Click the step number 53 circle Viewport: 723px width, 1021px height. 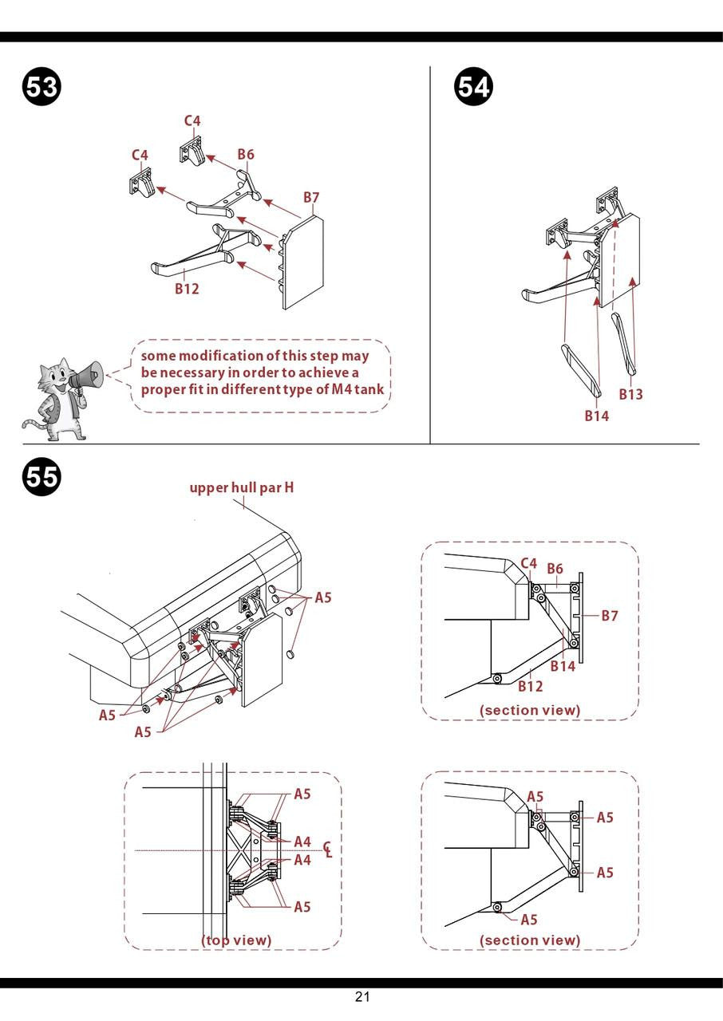(x=41, y=86)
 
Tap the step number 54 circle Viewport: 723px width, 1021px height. (x=473, y=86)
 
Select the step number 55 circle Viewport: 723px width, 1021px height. (x=41, y=476)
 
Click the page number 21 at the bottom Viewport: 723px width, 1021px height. (x=362, y=996)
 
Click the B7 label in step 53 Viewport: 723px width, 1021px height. (x=311, y=197)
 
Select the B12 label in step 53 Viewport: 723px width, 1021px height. (x=187, y=289)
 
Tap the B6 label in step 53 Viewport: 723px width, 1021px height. (x=245, y=155)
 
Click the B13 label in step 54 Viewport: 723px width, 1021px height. (x=630, y=394)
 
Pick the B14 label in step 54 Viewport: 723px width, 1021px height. (x=596, y=416)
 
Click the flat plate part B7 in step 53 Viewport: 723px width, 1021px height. (x=303, y=263)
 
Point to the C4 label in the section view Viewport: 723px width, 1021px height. (x=528, y=563)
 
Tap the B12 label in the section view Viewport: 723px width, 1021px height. (x=530, y=686)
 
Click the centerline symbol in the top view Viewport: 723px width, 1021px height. (x=327, y=850)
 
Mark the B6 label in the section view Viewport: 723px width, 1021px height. (x=555, y=568)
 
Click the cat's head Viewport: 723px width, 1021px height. (x=54, y=374)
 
